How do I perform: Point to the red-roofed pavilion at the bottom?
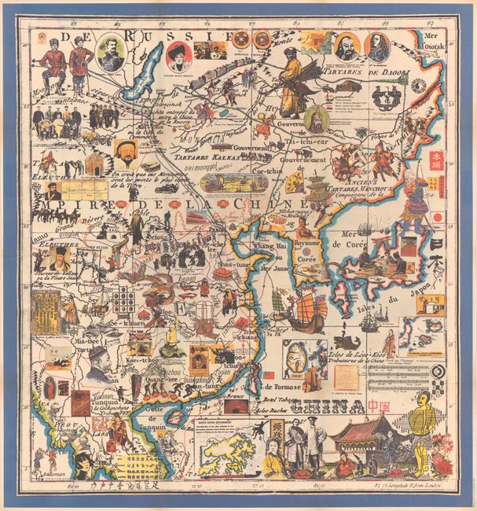click(x=358, y=432)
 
